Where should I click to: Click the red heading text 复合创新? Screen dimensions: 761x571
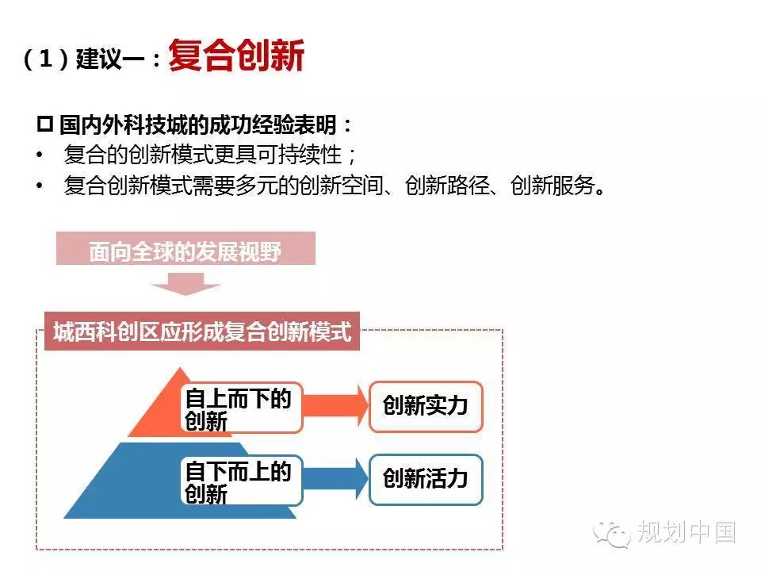pyautogui.click(x=236, y=56)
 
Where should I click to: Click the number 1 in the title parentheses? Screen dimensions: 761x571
pyautogui.click(x=46, y=59)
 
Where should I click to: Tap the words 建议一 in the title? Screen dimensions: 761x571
pyautogui.click(x=110, y=59)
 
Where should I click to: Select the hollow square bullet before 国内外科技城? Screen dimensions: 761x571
pyautogui.click(x=44, y=125)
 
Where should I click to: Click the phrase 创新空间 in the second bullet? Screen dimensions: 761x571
pyautogui.click(x=342, y=186)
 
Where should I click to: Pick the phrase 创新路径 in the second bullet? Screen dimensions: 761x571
pyautogui.click(x=447, y=186)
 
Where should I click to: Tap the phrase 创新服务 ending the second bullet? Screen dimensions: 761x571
pyautogui.click(x=553, y=186)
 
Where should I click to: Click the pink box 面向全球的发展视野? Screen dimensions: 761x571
pyautogui.click(x=185, y=248)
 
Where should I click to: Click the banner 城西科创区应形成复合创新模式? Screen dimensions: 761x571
pyautogui.click(x=202, y=331)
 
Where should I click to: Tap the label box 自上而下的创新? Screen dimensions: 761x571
pyautogui.click(x=241, y=408)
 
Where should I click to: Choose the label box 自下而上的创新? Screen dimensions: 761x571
pyautogui.click(x=241, y=481)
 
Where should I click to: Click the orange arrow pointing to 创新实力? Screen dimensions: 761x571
pyautogui.click(x=335, y=406)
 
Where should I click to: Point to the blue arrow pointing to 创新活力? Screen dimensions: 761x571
pyautogui.click(x=335, y=479)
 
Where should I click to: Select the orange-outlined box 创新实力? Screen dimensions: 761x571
pyautogui.click(x=426, y=406)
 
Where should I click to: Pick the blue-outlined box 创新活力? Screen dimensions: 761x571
pyautogui.click(x=426, y=480)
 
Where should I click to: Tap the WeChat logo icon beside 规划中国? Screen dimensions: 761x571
pyautogui.click(x=611, y=534)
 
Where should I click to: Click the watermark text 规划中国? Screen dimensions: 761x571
pyautogui.click(x=686, y=532)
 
